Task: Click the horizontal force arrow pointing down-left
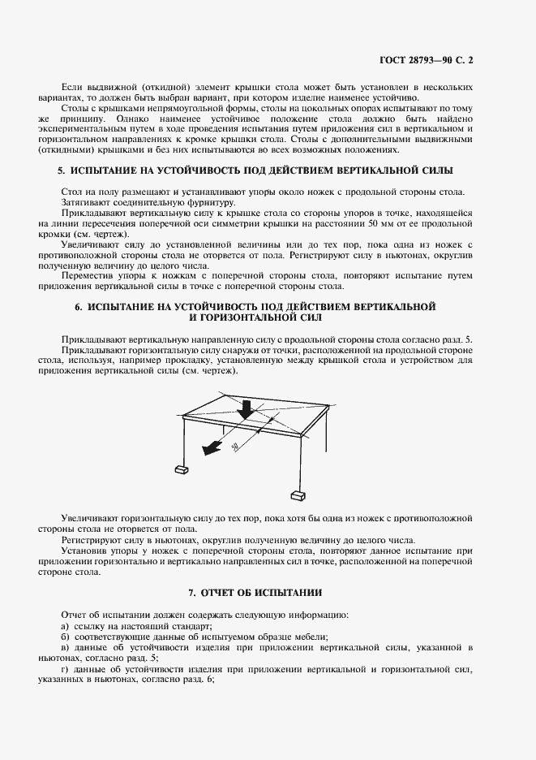click(212, 444)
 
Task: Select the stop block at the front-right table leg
click(298, 494)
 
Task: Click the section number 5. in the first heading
click(61, 171)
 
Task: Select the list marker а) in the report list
click(65, 625)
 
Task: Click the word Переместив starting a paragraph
click(87, 275)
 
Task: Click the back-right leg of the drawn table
click(327, 422)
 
